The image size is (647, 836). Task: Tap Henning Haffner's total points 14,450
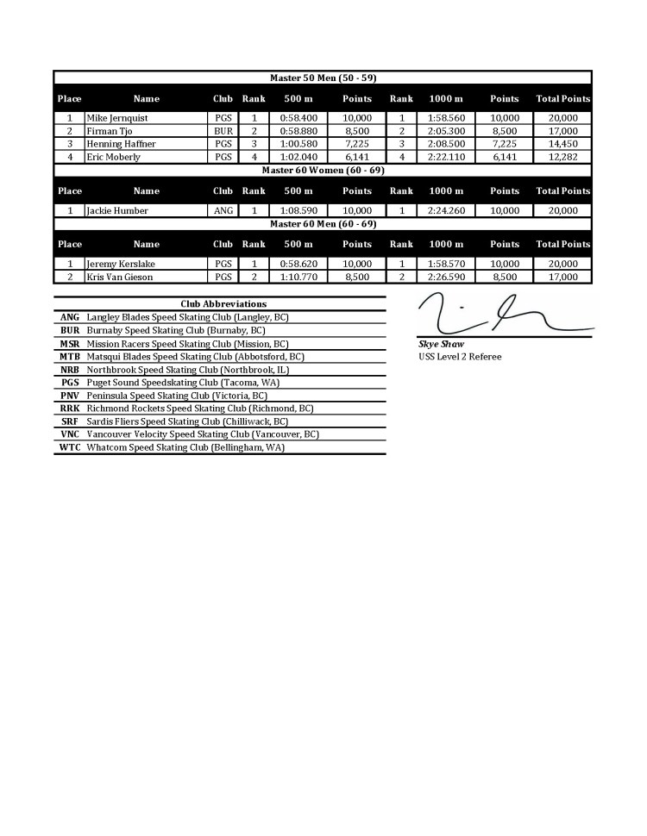(562, 144)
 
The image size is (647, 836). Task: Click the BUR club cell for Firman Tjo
(223, 131)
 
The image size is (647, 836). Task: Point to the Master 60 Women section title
(323, 170)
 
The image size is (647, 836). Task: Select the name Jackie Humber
(117, 210)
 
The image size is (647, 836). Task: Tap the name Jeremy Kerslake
(120, 264)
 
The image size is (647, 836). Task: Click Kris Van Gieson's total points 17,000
(562, 277)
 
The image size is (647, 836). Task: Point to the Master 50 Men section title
(323, 78)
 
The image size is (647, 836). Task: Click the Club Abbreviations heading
(223, 303)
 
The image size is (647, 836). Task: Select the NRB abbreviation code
(70, 369)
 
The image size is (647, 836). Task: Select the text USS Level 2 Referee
(460, 356)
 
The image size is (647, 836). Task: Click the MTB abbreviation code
(70, 356)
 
